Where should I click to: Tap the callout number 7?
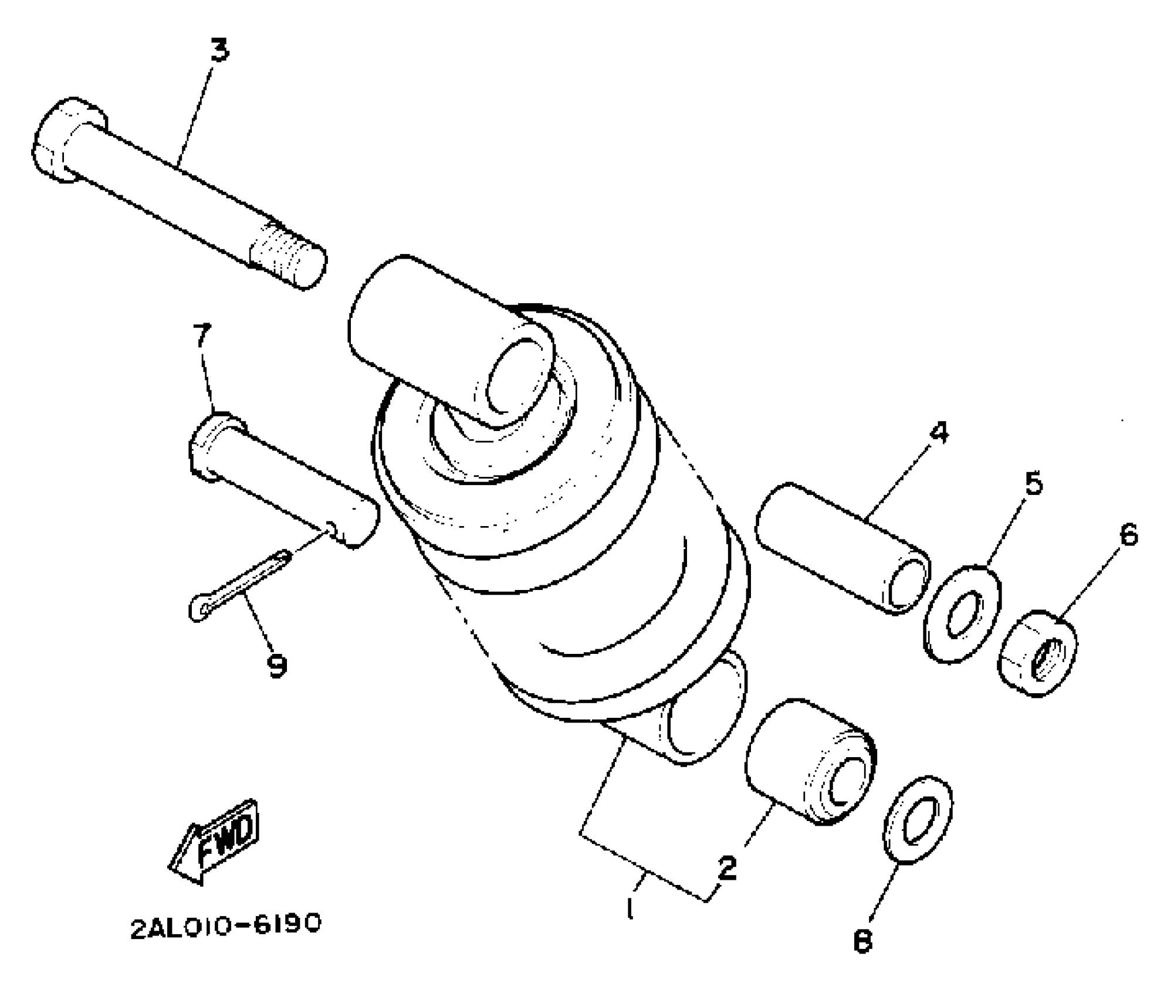(x=201, y=336)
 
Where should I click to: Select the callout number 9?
(x=276, y=666)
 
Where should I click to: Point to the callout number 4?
(x=938, y=433)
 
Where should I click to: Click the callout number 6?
(x=1128, y=535)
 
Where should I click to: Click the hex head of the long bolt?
(x=67, y=141)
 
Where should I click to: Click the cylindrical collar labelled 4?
(x=843, y=548)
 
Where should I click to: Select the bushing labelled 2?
(x=810, y=762)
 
